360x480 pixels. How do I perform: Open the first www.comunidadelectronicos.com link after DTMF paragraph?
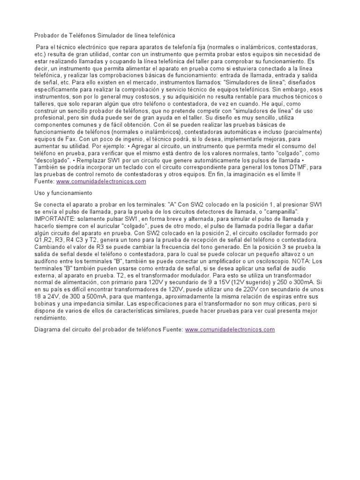101,181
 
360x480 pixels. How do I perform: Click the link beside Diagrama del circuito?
230,330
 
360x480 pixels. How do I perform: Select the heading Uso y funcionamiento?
64,193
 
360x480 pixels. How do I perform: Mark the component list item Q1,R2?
46,240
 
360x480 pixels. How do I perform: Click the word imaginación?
262,174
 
